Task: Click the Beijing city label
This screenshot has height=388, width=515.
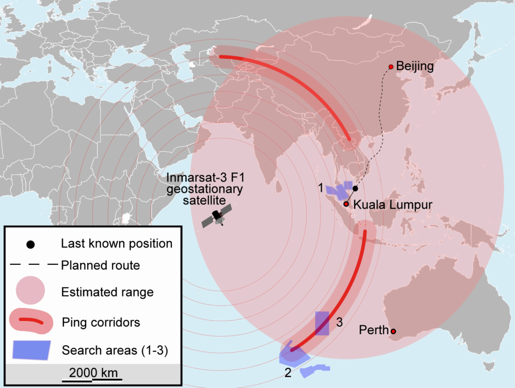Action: coord(415,66)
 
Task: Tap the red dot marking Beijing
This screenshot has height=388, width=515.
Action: coord(391,67)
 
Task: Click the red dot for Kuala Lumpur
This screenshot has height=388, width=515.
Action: coord(346,204)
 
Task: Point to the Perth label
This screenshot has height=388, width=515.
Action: coord(374,331)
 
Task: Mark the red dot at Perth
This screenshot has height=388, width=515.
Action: coord(393,331)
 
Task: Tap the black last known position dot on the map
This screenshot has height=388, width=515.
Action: coord(355,188)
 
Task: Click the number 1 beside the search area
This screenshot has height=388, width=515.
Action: coord(320,188)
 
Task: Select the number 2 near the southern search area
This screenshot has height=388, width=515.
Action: coord(288,373)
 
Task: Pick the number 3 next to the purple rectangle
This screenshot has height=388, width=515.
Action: coord(339,322)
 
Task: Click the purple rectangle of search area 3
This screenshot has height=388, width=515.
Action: coord(322,323)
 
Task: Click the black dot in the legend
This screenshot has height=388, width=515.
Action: coord(31,245)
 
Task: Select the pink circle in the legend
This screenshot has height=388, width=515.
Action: coord(31,292)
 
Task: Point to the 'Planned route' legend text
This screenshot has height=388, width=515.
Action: coord(100,265)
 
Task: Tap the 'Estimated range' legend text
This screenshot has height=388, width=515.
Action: coord(107,292)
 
